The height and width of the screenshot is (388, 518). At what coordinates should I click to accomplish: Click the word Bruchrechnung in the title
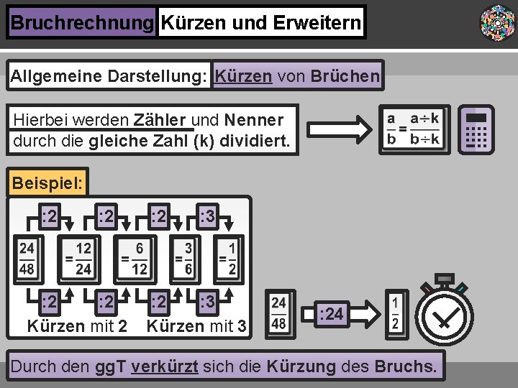tap(82, 23)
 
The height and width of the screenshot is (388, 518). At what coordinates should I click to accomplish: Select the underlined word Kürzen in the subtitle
tap(243, 75)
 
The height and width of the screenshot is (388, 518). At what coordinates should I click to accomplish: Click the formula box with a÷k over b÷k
tap(414, 129)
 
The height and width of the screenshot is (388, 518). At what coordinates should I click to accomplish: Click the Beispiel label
tap(47, 183)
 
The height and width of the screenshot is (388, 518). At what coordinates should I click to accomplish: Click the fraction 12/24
tap(83, 259)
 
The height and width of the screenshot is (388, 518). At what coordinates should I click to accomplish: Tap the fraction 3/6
tap(188, 259)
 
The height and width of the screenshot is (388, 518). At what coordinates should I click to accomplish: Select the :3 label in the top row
tap(207, 215)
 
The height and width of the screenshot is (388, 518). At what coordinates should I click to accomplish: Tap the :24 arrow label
tap(332, 314)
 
